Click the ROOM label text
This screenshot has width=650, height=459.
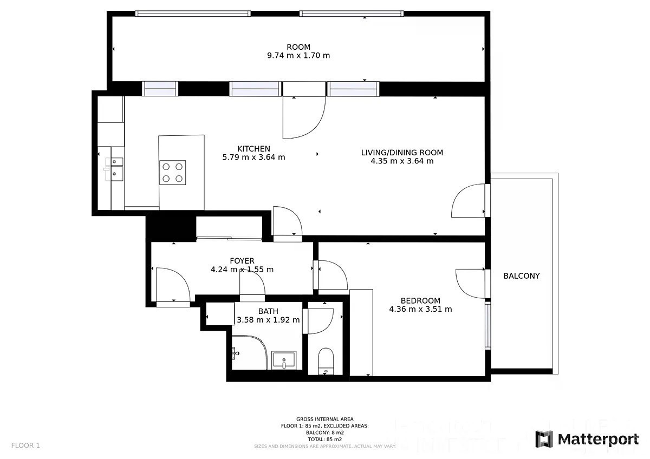pos(298,47)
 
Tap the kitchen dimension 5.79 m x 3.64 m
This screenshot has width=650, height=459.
pos(253,157)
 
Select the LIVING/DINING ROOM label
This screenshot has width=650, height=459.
pos(402,153)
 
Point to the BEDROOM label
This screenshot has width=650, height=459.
pos(420,301)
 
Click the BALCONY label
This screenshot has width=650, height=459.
pos(522,276)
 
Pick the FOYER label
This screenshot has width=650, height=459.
pos(242,261)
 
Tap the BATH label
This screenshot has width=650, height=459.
pos(268,311)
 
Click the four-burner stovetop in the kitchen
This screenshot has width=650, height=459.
pos(172,173)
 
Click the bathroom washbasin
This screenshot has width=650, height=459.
pos(284,360)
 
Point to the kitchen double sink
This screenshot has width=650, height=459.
pos(114,169)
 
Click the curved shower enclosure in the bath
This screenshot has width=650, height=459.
pos(249,352)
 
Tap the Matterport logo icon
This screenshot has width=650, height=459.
pos(543,439)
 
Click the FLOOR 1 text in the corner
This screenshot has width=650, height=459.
pos(25,445)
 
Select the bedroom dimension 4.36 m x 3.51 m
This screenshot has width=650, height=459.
pos(420,309)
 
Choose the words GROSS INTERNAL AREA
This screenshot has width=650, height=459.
pos(324,419)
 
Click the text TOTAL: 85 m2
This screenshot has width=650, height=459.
pos(324,440)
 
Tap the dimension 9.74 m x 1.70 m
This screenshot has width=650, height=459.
pos(298,55)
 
